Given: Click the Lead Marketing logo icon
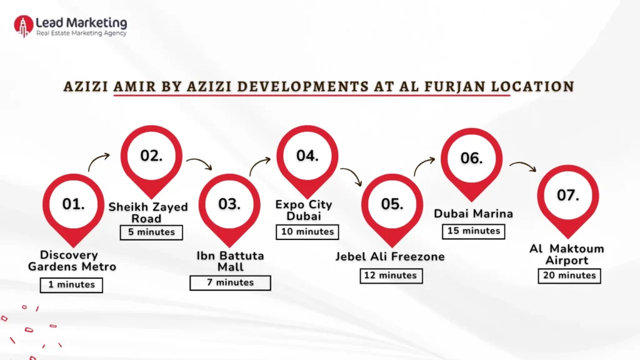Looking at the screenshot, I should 24,26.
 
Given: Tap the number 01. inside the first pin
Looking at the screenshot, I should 73,204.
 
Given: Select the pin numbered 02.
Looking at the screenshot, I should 151,156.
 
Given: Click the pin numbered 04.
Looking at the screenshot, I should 307,156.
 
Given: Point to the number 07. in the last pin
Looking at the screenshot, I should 568,195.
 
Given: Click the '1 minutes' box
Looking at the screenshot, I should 71,284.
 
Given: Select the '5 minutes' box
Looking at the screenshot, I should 152,232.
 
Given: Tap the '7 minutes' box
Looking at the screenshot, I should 230,282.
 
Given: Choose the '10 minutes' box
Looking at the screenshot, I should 306,231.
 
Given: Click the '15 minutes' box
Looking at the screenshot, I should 473,231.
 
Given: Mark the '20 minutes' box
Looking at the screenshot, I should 568,275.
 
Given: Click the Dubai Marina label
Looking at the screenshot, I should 474,214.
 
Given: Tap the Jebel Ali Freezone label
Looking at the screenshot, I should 389,256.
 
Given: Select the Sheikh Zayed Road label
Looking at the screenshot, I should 148,212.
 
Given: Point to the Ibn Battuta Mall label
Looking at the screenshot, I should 230,261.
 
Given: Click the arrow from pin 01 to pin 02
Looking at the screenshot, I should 99,162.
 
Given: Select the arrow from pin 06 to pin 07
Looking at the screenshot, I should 522,166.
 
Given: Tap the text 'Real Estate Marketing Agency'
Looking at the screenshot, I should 81,33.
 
